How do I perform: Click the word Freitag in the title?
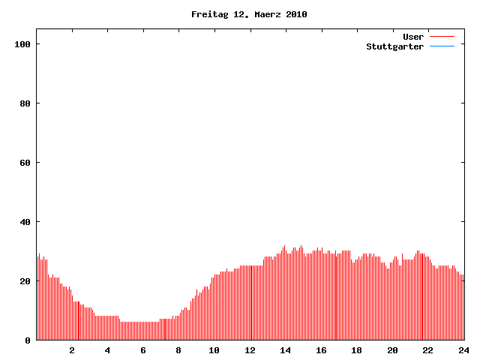207,14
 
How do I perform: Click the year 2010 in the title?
295,14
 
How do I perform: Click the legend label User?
413,37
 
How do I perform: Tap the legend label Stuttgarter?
395,46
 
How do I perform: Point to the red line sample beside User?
442,37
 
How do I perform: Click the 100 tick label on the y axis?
22,44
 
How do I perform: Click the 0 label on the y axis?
28,340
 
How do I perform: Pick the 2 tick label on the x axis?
72,350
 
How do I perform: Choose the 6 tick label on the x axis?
143,350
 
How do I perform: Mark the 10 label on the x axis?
214,350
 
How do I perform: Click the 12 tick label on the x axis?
250,350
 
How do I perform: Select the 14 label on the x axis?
286,350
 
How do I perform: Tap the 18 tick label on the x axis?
357,350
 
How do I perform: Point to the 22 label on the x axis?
427,350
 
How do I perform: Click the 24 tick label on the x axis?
463,350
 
